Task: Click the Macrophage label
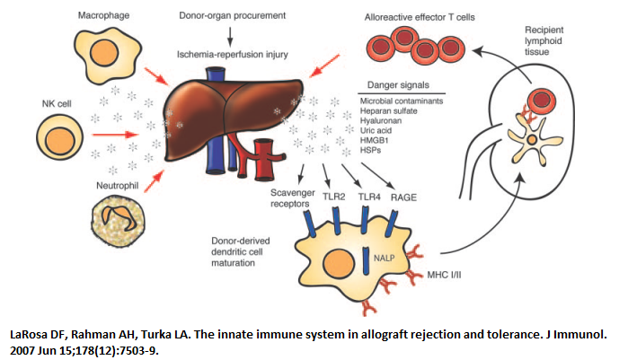click(x=101, y=15)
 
